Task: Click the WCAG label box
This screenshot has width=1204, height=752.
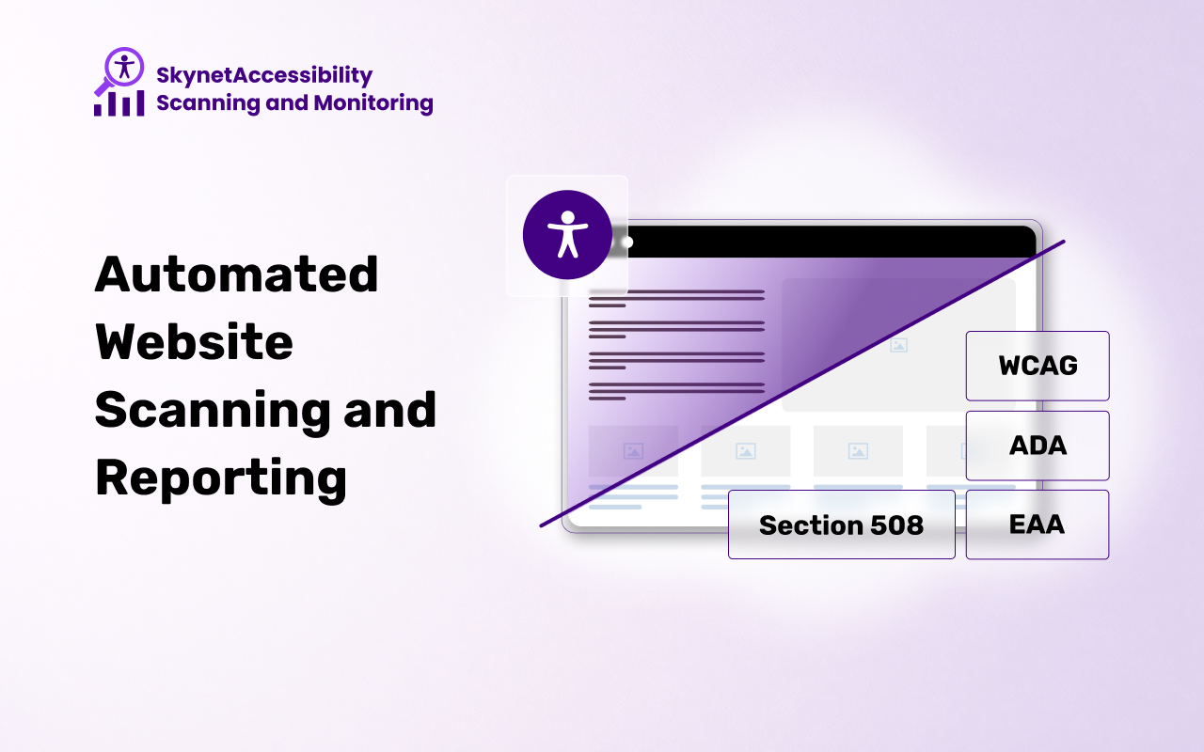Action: coord(1038,366)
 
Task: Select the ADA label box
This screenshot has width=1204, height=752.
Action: coord(1038,446)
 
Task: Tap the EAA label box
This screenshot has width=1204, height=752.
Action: coord(1038,525)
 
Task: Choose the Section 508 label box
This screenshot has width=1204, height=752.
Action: coord(842,525)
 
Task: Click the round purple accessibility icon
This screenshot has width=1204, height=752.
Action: coord(567,235)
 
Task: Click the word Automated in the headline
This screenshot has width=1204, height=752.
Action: coord(236,274)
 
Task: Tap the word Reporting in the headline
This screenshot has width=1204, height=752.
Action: coord(221,479)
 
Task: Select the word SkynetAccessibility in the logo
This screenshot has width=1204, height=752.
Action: coord(264,76)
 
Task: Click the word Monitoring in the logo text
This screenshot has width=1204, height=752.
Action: coord(373,103)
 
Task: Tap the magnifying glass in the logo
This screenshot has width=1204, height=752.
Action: coord(119,70)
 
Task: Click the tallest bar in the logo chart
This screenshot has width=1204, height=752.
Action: coord(140,102)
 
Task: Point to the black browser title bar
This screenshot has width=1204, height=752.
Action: coord(829,242)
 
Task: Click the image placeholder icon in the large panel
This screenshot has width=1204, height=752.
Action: coord(898,345)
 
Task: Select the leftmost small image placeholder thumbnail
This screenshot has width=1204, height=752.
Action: coord(633,451)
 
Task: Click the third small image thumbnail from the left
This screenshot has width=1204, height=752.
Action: coord(858,451)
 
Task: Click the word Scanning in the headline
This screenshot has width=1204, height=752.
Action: coord(213,412)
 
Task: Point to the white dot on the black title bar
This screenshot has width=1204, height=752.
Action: coord(626,243)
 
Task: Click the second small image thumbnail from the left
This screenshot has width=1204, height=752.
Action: coord(746,451)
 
